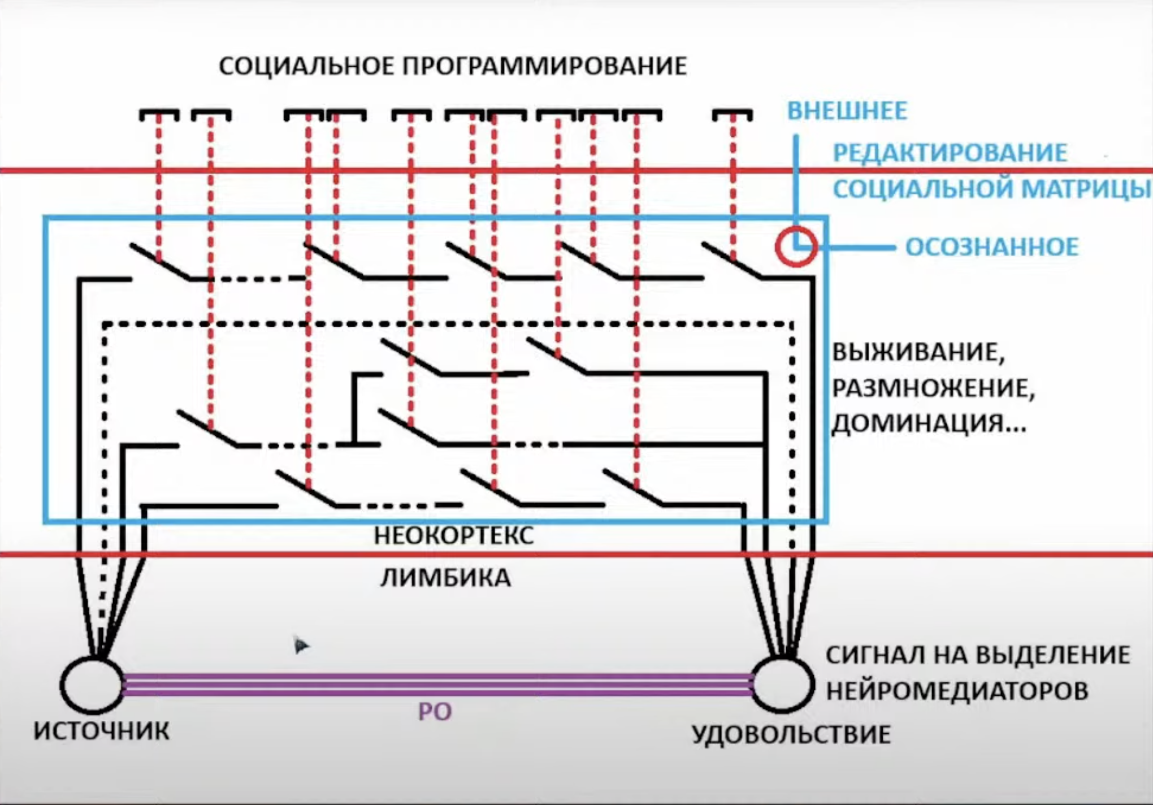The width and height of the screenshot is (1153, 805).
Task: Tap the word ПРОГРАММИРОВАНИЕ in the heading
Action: (544, 66)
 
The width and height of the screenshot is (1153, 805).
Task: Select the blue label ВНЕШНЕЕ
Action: (847, 111)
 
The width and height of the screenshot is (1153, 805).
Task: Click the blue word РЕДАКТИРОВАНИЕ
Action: (950, 153)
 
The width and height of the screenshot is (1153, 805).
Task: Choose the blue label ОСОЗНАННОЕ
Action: (992, 247)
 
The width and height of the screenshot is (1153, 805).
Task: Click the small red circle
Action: (796, 246)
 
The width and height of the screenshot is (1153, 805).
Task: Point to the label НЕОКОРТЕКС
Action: (454, 535)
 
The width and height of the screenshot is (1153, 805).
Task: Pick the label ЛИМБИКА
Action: (445, 578)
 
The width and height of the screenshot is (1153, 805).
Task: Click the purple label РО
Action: (435, 712)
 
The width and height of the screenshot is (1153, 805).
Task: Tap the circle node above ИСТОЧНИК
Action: (92, 685)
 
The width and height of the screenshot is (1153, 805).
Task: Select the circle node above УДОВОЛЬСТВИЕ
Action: (783, 685)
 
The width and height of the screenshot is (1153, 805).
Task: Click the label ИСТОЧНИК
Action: (102, 731)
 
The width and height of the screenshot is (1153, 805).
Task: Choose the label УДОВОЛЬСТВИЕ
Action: (791, 734)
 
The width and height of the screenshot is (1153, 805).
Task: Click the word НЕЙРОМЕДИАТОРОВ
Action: (957, 691)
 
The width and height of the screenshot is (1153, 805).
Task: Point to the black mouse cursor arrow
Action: (300, 644)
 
